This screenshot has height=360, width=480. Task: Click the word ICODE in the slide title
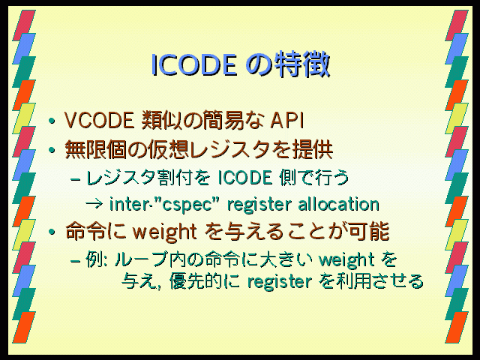click(x=194, y=65)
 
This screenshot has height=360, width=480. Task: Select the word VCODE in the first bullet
click(x=99, y=120)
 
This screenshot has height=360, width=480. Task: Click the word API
click(x=286, y=120)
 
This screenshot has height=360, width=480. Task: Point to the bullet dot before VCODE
click(x=52, y=121)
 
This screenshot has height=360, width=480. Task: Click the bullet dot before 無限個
click(x=52, y=150)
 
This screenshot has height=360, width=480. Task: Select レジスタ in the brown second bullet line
click(x=230, y=150)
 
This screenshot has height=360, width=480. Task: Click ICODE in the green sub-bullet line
click(x=245, y=178)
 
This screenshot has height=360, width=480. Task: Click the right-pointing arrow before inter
click(x=94, y=204)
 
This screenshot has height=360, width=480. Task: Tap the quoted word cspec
click(x=187, y=205)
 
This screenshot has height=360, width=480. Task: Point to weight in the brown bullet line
click(x=164, y=232)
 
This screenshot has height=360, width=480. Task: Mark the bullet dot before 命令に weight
click(x=52, y=232)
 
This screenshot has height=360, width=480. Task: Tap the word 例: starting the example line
click(x=96, y=259)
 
